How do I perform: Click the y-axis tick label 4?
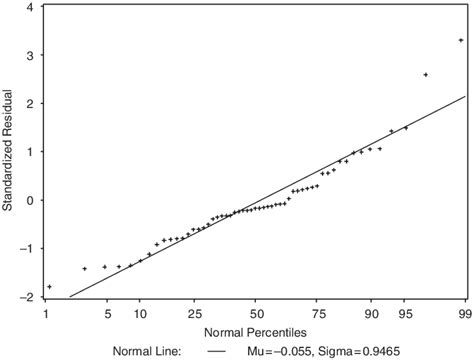click(x=30, y=8)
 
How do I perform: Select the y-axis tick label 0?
click(x=30, y=200)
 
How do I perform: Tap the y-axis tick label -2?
click(x=27, y=296)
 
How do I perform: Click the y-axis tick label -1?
click(x=27, y=249)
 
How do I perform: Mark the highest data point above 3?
click(x=460, y=41)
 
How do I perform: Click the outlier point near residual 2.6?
click(x=426, y=75)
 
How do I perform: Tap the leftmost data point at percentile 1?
click(x=49, y=287)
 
